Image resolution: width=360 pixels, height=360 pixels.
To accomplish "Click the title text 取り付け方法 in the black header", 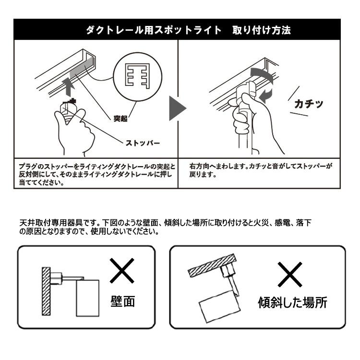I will click(262, 30).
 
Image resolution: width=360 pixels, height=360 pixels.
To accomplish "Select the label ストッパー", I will click(143, 143).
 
